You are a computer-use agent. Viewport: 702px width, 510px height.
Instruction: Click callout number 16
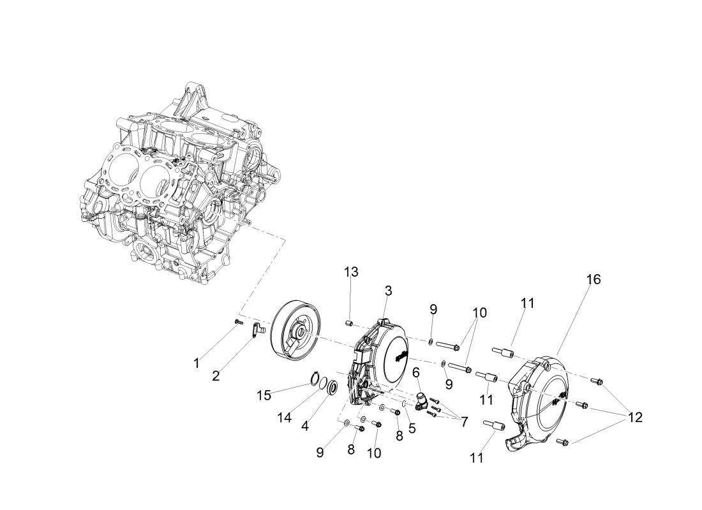click(x=594, y=280)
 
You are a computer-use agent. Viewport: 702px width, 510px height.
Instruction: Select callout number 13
click(x=352, y=272)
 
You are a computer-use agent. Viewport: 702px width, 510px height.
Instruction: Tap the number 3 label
click(x=388, y=291)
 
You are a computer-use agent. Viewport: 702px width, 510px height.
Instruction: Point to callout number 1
click(x=196, y=363)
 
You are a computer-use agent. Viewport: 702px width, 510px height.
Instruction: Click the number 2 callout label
click(x=216, y=376)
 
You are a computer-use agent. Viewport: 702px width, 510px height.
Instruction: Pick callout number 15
click(x=264, y=395)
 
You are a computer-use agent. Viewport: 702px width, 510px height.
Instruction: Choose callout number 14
click(x=284, y=418)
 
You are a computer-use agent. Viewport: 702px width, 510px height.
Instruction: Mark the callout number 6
click(x=416, y=372)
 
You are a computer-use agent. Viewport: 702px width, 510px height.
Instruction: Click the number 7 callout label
click(x=464, y=421)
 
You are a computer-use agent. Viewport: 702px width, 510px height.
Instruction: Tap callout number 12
click(x=635, y=418)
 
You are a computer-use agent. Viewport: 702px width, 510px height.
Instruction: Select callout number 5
click(x=412, y=428)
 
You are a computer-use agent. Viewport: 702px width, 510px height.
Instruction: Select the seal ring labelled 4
click(x=332, y=386)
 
